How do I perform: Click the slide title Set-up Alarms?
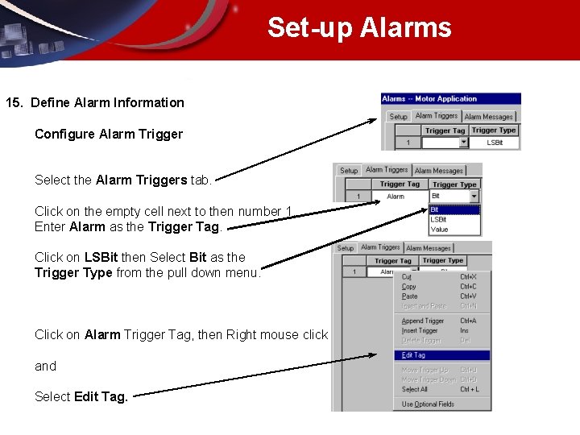[x=359, y=27]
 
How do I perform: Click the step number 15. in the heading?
[x=15, y=102]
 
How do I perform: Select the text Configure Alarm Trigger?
[x=109, y=134]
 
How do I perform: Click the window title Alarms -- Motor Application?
[x=430, y=99]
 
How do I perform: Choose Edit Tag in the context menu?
[x=413, y=355]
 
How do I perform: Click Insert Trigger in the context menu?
[x=419, y=330]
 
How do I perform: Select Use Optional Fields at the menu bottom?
[x=428, y=404]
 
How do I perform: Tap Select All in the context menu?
[x=414, y=389]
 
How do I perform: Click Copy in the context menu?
[x=408, y=287]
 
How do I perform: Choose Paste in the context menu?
[x=409, y=296]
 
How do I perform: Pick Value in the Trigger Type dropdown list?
[x=440, y=230]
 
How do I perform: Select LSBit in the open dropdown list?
[x=438, y=219]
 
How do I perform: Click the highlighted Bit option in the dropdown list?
[x=435, y=209]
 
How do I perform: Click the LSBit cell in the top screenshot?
[x=495, y=143]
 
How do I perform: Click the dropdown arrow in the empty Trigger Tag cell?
[x=463, y=143]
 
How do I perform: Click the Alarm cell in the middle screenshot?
[x=396, y=197]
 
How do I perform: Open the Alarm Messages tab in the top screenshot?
[x=488, y=117]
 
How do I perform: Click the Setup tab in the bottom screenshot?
[x=346, y=248]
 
